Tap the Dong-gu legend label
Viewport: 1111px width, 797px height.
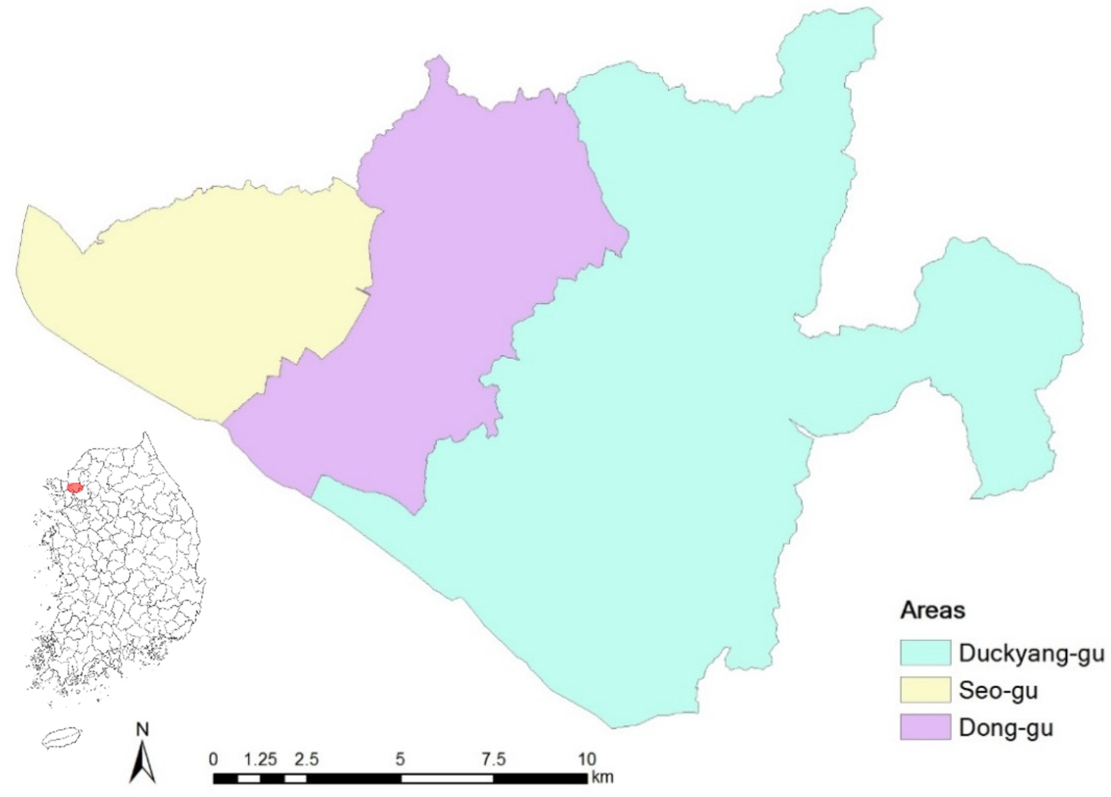[1006, 728]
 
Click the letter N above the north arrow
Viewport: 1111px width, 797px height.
[142, 730]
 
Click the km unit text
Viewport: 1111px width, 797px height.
[602, 777]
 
